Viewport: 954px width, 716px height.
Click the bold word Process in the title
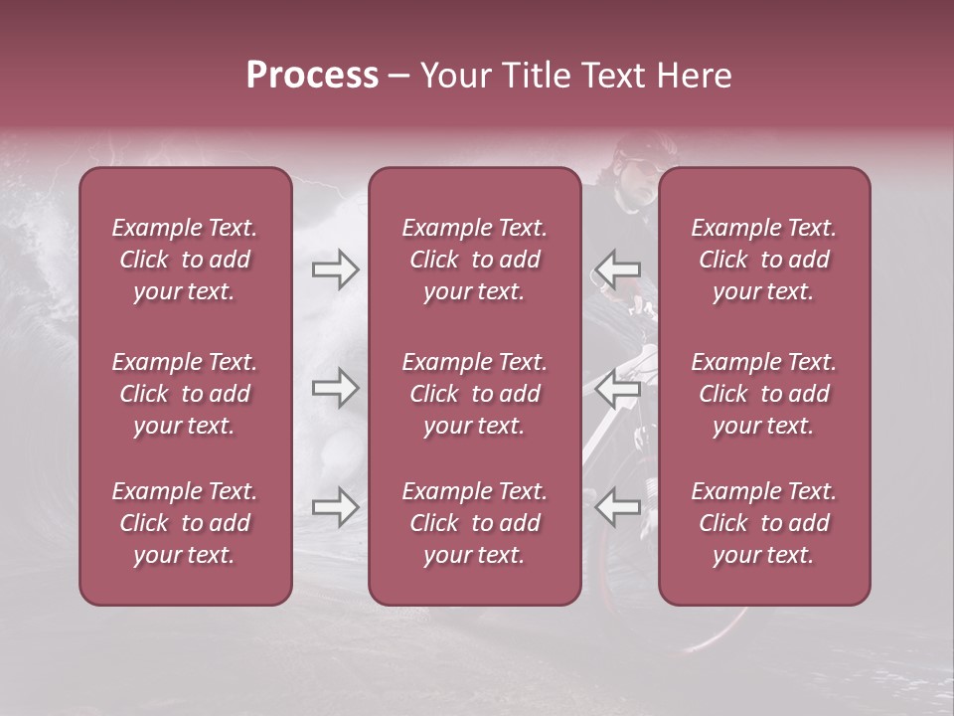[312, 76]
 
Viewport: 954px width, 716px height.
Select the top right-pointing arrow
[335, 268]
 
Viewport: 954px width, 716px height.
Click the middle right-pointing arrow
[335, 389]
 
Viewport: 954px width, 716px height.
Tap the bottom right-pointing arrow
[335, 507]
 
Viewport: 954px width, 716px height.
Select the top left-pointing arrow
[618, 268]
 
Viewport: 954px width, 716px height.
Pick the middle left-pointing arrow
[618, 389]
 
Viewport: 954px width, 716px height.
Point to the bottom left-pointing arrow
[618, 507]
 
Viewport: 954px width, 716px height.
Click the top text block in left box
[185, 260]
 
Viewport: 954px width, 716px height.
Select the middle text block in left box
[185, 394]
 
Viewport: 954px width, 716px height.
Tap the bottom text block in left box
[185, 523]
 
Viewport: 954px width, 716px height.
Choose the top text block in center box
[474, 260]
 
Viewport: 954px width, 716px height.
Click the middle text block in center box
[474, 394]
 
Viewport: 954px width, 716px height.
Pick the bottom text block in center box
[474, 523]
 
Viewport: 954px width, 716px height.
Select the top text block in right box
[763, 260]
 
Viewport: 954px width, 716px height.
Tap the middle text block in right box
[763, 394]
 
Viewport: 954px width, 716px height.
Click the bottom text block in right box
[763, 523]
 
